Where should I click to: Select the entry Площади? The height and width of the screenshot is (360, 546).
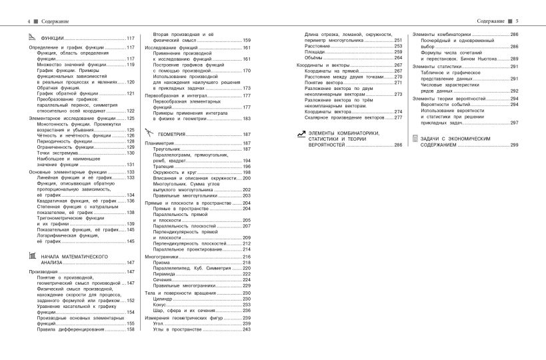315,52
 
